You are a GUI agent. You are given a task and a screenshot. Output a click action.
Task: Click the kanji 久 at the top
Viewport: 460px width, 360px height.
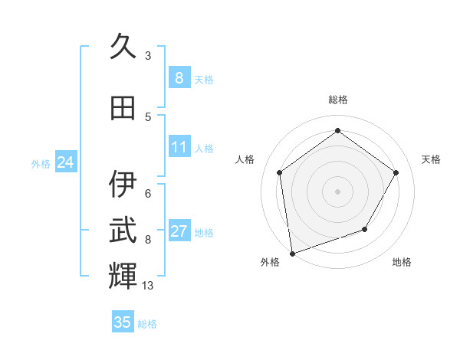[x=123, y=47]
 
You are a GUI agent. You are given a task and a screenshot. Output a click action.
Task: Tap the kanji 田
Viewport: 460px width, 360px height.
[x=123, y=108]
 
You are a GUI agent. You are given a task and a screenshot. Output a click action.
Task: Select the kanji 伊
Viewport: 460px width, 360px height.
[x=123, y=184]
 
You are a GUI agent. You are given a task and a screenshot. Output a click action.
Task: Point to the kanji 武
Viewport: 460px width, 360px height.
[x=123, y=231]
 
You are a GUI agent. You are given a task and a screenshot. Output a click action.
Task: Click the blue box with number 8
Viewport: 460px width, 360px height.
[x=179, y=77]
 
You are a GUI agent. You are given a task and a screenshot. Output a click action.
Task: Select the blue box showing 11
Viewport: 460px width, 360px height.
[x=179, y=147]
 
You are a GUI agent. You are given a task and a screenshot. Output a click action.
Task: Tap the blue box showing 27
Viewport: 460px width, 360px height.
[x=179, y=231]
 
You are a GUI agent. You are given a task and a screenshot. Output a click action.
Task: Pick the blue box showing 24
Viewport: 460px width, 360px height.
[x=65, y=162]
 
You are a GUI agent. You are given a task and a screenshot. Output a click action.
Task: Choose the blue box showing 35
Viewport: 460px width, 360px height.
[x=123, y=322]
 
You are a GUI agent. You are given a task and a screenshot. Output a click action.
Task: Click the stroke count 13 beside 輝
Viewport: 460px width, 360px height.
[x=148, y=285]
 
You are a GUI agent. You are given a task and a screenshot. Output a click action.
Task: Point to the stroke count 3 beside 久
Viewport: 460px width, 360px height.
[x=148, y=55]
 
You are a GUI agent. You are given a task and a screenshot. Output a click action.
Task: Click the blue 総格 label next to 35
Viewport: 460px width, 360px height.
[x=147, y=324]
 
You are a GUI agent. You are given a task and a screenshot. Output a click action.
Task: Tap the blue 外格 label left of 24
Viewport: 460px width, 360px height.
[x=41, y=163]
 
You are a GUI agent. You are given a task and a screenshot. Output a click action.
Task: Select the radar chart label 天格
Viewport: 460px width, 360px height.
[x=431, y=159]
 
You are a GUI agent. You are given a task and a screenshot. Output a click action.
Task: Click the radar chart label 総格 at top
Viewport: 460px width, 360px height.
[x=337, y=100]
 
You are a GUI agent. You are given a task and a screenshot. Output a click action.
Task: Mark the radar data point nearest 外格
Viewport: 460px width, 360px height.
[x=292, y=253]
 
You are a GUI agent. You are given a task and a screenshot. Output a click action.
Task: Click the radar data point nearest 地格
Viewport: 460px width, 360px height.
[x=365, y=229]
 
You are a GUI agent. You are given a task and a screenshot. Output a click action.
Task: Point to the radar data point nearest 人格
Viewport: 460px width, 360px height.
[x=280, y=172]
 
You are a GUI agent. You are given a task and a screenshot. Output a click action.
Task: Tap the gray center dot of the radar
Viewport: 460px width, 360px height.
[x=337, y=191]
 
